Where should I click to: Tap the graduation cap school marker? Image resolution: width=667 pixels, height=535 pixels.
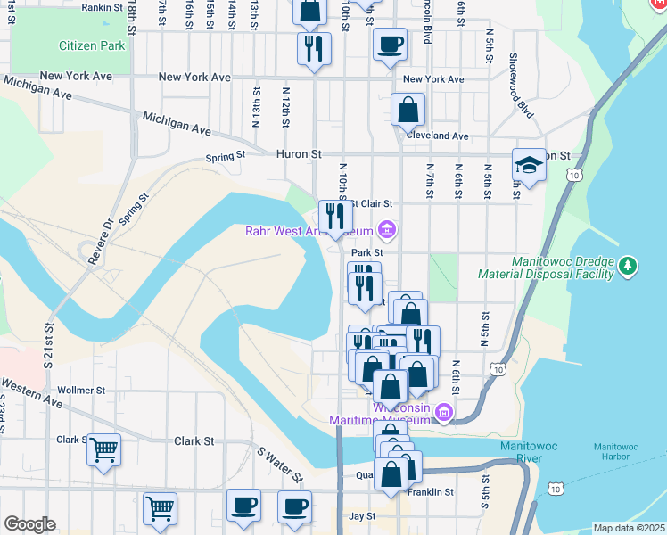coord(529,165)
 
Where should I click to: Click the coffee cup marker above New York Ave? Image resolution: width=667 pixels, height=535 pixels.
coord(389,44)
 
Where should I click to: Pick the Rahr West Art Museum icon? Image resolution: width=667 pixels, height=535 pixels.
coord(386,231)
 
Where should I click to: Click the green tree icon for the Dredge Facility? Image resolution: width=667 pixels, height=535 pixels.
coord(629,266)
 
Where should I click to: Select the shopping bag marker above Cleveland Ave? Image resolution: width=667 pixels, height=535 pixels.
coord(408,111)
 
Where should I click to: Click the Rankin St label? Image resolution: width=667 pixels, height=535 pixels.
coord(101,7)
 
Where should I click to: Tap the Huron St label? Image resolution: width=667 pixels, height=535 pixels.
coord(298,154)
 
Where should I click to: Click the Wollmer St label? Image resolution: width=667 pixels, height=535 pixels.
coord(81,391)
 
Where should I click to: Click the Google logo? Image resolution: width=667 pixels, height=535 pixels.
coord(29,524)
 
